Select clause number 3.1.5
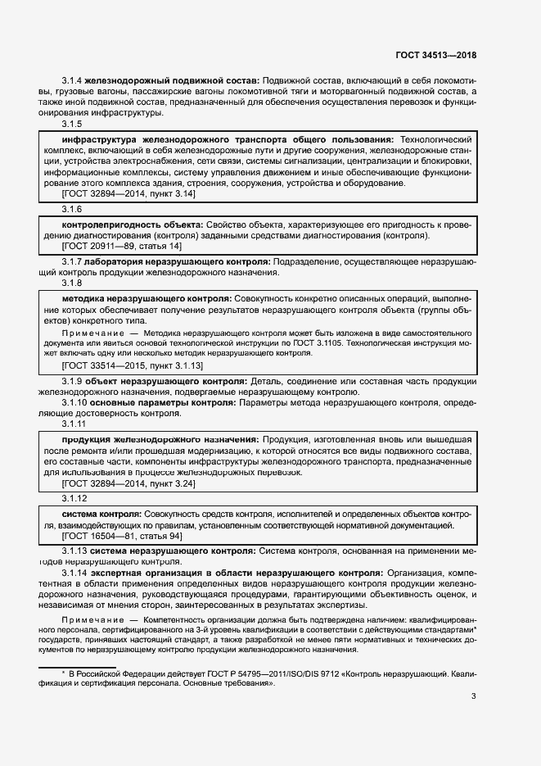[72, 124]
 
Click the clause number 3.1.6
[72, 210]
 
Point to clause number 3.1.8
[72, 283]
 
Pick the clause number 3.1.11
[74, 424]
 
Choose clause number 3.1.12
[74, 498]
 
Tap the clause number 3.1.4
[72, 79]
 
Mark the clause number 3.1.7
[72, 261]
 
